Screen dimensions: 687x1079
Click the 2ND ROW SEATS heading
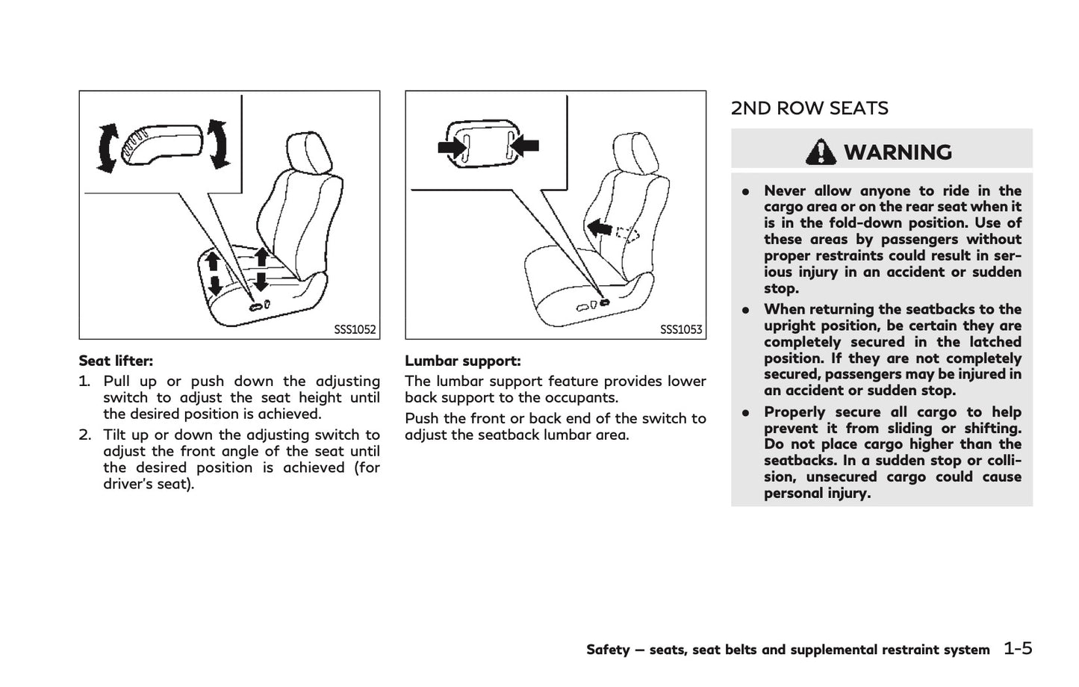coord(809,109)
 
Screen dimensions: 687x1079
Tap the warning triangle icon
coord(821,152)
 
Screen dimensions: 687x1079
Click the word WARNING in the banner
coord(898,152)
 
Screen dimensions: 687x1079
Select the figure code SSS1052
coord(355,329)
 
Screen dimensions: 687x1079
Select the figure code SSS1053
coord(681,329)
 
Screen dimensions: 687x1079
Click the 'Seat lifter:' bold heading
coord(116,361)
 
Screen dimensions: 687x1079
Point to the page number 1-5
coord(1018,648)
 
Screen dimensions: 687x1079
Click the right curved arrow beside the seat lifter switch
coord(218,143)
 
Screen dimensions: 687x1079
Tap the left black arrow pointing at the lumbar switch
coord(453,147)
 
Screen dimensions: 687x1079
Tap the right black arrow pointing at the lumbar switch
coord(526,146)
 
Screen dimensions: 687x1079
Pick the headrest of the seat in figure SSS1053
coord(634,153)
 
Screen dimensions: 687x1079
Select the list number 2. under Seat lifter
coord(84,435)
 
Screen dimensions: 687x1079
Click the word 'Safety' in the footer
coord(607,650)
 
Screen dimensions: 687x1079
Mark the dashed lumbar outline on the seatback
coord(629,234)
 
